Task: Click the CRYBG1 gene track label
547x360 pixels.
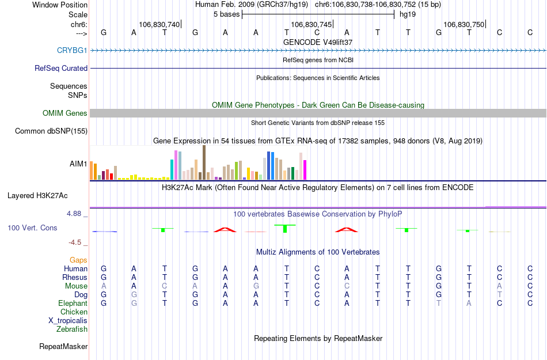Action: click(72, 51)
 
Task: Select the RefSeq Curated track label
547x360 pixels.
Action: click(61, 68)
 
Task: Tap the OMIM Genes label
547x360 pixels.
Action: click(65, 113)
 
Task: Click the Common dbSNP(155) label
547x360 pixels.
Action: click(51, 131)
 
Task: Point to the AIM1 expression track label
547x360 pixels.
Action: click(78, 164)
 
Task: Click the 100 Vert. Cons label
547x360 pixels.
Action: click(32, 228)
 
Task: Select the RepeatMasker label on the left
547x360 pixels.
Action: click(63, 347)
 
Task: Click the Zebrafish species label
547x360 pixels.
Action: click(72, 329)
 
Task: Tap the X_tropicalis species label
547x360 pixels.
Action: click(68, 321)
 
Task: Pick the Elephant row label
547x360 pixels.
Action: click(73, 304)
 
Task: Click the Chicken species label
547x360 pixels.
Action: click(74, 312)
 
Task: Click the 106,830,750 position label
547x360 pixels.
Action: click(464, 24)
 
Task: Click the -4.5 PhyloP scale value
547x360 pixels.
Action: click(78, 242)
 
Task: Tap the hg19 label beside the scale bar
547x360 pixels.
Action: click(407, 14)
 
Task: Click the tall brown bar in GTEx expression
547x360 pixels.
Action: click(204, 162)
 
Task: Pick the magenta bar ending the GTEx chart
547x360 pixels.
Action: click(305, 170)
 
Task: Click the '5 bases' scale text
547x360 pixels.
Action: click(225, 14)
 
